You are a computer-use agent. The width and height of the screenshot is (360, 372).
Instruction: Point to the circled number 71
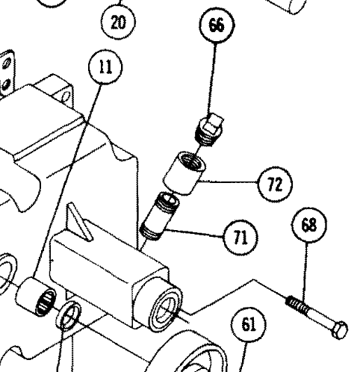(238, 237)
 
